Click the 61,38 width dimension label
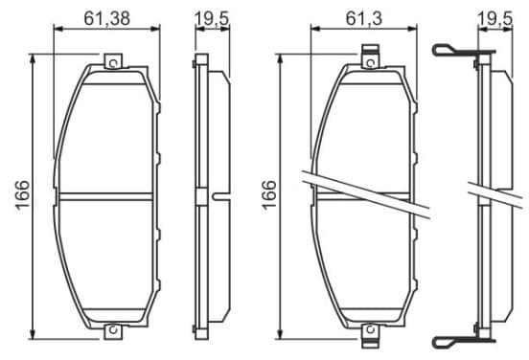(x=107, y=18)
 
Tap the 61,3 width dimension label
(x=364, y=18)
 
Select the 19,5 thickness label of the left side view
(x=212, y=18)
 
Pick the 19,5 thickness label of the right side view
(x=495, y=18)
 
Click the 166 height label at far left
(x=23, y=194)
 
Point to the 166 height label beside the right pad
(x=269, y=194)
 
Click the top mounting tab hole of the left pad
(x=113, y=63)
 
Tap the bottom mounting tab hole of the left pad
(x=113, y=329)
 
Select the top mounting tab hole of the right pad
(x=371, y=63)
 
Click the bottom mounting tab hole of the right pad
(x=371, y=329)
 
